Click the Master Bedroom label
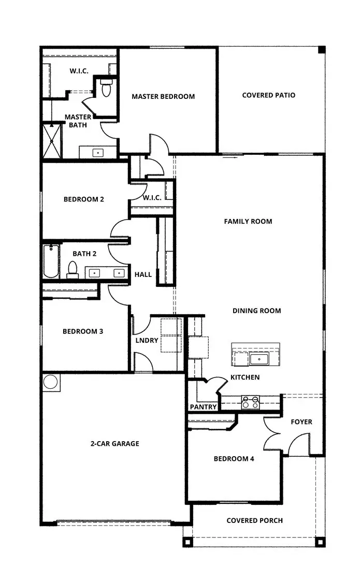coord(163,96)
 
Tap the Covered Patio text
coord(268,95)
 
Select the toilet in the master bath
coord(107,89)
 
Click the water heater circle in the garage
coord(51,382)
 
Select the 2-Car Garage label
coord(114,444)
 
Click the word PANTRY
coord(203,407)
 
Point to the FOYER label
coord(301,422)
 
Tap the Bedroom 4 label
coord(234,459)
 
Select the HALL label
coord(143,274)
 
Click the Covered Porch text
coord(254,520)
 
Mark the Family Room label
coord(248,222)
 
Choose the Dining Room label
coord(256,311)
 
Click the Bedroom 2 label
coord(83,199)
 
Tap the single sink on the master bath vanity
coord(98,153)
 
